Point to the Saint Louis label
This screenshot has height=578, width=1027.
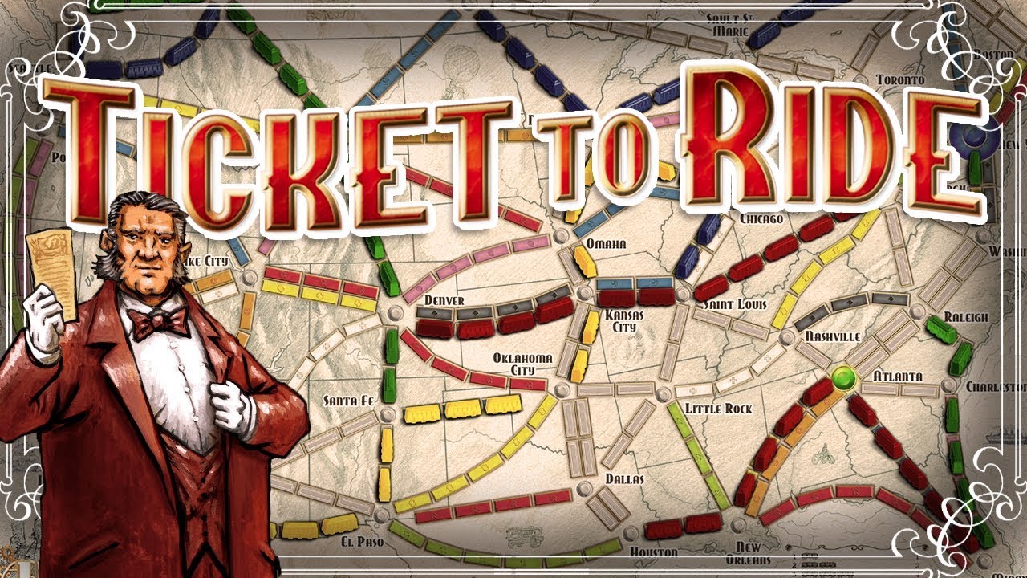click(735, 305)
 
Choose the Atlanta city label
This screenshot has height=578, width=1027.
click(897, 376)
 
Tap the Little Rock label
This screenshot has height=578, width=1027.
click(719, 409)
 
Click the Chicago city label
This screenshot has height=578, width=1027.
click(761, 218)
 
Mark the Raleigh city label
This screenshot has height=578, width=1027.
click(966, 317)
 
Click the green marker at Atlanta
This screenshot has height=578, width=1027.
click(842, 376)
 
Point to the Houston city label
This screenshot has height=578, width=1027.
click(654, 552)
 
